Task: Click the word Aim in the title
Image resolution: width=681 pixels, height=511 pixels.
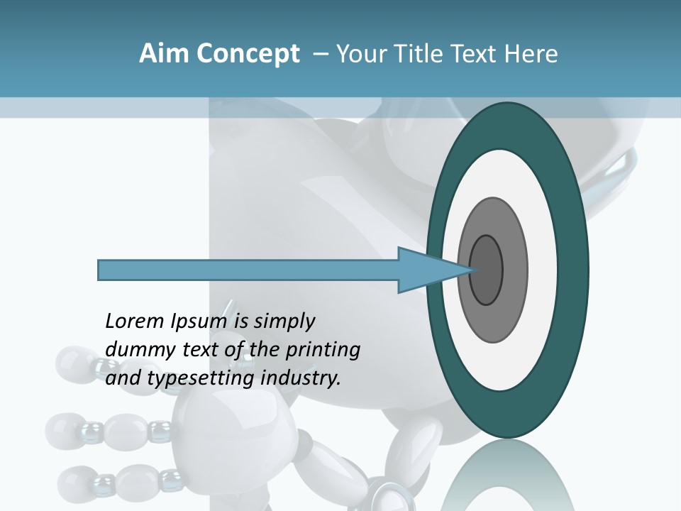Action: point(162,54)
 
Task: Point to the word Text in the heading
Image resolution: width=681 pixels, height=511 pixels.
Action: point(476,54)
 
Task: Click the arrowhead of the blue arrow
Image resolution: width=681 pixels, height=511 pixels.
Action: point(419,270)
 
